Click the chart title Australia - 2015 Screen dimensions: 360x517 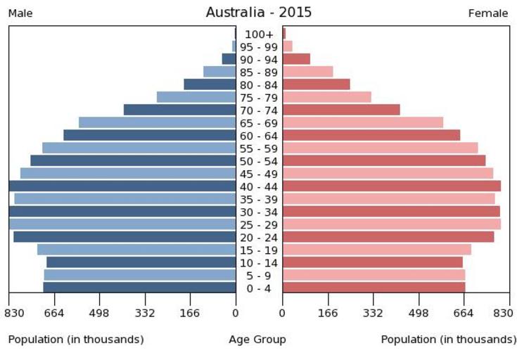tap(258, 13)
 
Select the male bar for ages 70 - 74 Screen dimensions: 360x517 tap(179, 110)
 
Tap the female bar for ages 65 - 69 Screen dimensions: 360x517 tap(362, 122)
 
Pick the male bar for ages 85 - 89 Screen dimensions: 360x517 tap(219, 72)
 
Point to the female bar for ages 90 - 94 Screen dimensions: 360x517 tap(296, 59)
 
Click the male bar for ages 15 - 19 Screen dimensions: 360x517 tap(136, 250)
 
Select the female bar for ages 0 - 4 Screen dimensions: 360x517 tap(374, 288)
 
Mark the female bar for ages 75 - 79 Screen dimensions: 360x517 tap(326, 97)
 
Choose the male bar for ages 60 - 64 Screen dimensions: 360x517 tap(149, 135)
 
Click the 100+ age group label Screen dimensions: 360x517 tap(259, 34)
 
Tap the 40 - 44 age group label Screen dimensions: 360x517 tap(259, 186)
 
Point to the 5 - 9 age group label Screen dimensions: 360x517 tap(259, 276)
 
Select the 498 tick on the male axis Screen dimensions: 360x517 tap(100, 314)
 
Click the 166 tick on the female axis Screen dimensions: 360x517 tap(328, 314)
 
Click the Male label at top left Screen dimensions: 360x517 tap(20, 13)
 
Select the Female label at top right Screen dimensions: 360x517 tap(488, 13)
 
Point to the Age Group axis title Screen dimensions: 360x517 tap(257, 340)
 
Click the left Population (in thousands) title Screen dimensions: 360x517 tap(76, 340)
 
